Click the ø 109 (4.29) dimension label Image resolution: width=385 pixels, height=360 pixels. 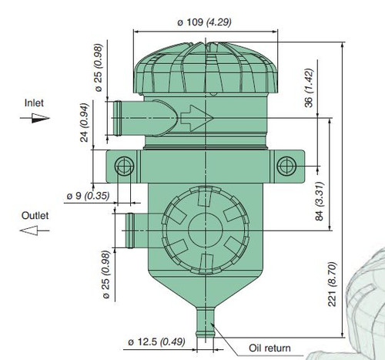point(204,22)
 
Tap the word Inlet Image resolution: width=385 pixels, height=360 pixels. point(34,103)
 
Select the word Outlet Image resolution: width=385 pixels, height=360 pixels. point(35,215)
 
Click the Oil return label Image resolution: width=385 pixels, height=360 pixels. point(269,348)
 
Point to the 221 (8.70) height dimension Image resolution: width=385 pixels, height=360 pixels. point(332,284)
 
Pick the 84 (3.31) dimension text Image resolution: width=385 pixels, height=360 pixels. point(320,201)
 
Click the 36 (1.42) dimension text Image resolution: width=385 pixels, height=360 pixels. point(309,88)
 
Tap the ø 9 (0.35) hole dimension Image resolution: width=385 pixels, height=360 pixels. point(88,196)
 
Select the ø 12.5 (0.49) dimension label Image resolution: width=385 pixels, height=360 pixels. point(156,341)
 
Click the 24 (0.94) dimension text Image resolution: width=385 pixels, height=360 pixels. point(84,123)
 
